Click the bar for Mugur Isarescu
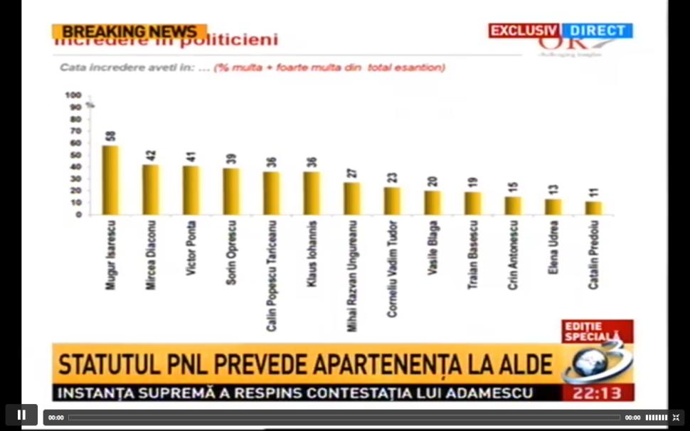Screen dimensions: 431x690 [110, 181]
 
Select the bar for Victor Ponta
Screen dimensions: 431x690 [191, 191]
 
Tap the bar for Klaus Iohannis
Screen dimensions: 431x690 [312, 193]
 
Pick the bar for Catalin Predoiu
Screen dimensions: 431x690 [593, 208]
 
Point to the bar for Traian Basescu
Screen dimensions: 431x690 [472, 203]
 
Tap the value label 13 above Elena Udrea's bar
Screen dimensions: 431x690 [553, 190]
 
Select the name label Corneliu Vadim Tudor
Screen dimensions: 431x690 [392, 269]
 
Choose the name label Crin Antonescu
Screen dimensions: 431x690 [513, 255]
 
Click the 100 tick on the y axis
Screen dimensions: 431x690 [73, 95]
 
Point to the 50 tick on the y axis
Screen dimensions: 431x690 [75, 155]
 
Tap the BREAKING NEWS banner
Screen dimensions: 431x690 [129, 32]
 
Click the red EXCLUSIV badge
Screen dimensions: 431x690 [524, 31]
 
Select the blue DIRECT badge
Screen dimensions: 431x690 [597, 31]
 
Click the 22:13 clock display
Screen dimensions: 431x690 [597, 393]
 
